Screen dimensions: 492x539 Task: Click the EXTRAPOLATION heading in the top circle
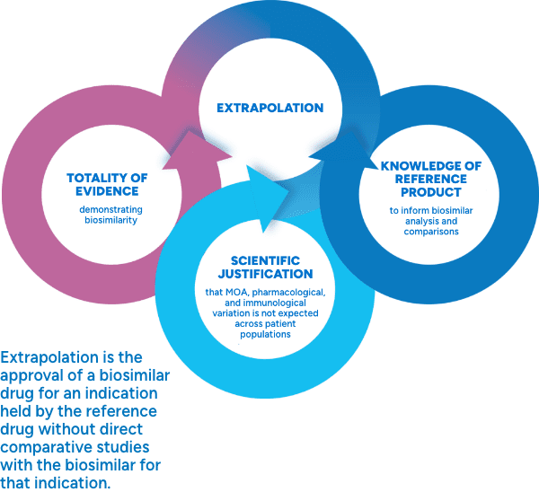pos(269,108)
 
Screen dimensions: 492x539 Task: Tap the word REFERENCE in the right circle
pos(430,180)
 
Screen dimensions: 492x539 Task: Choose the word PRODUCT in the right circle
pos(430,192)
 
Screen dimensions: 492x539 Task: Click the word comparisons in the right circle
pos(430,231)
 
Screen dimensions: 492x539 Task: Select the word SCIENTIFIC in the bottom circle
pos(257,260)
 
